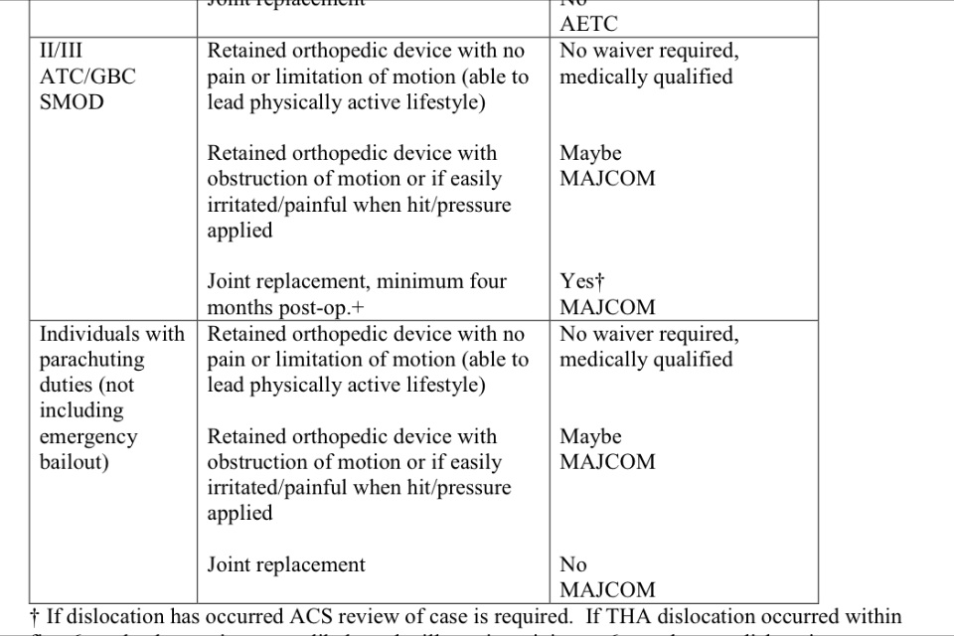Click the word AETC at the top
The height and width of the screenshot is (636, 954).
point(588,25)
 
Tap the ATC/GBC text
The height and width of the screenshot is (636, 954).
point(87,77)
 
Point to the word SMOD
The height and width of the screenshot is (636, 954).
point(72,102)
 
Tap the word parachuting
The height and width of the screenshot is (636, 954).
point(91,360)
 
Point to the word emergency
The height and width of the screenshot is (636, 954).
point(88,437)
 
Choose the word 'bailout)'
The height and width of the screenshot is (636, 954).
point(75,462)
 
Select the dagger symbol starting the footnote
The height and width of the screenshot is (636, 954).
point(36,617)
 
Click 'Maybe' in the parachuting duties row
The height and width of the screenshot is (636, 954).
point(590,437)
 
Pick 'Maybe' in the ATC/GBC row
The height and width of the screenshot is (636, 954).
point(590,154)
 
